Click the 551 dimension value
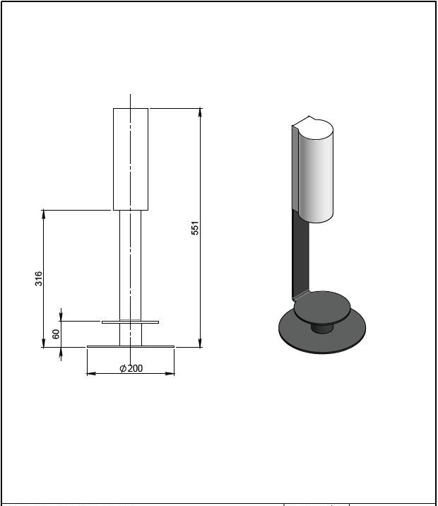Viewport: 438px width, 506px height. [196, 228]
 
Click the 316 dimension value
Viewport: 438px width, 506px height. [39, 278]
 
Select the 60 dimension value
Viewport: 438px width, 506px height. [56, 334]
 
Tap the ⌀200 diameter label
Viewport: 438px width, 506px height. [131, 368]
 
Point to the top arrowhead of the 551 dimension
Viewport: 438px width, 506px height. [201, 112]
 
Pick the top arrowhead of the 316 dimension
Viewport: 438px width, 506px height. [44, 214]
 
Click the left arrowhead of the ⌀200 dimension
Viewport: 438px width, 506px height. [92, 374]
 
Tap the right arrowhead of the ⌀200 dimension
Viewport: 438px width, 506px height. [170, 374]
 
